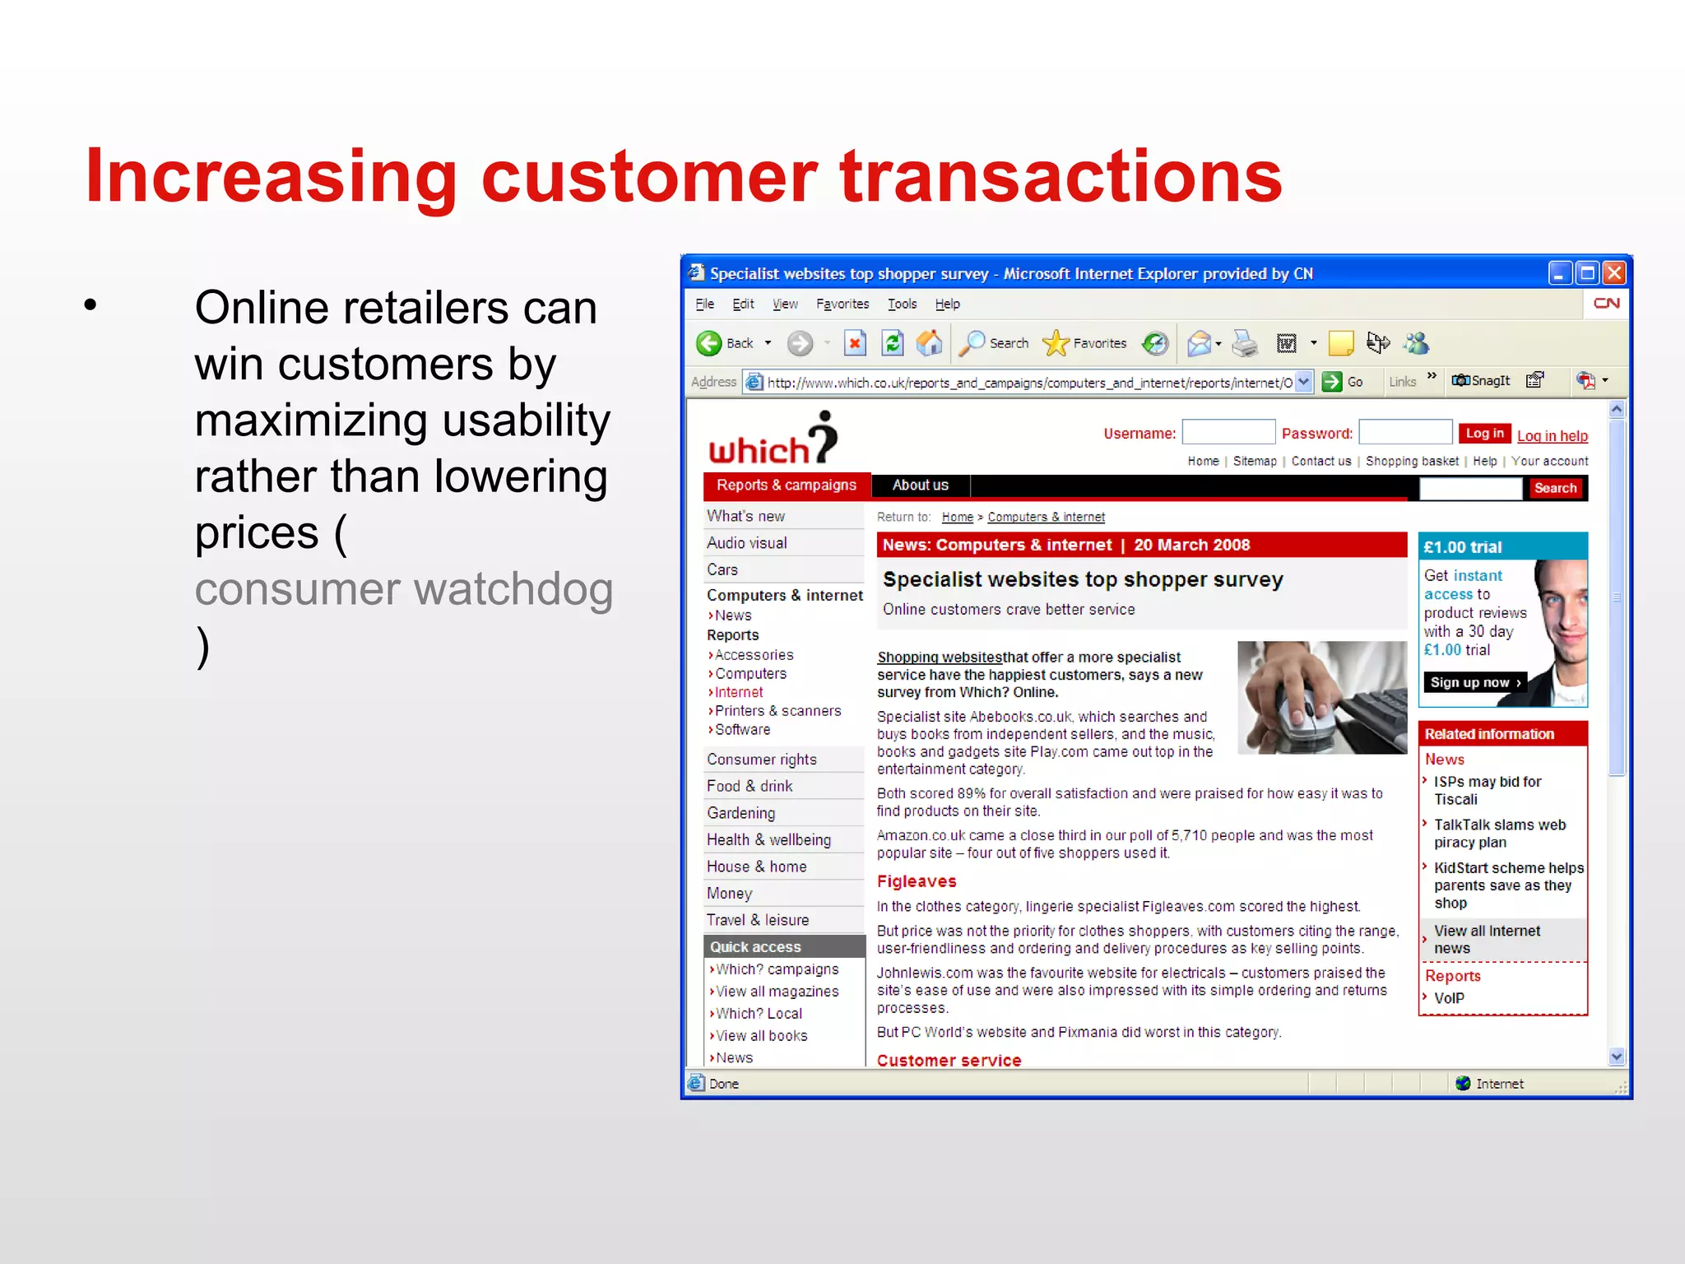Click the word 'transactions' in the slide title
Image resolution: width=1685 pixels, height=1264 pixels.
pos(1061,177)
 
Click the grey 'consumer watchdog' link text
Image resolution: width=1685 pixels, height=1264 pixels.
pos(403,589)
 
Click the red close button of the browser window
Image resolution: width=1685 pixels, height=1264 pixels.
pos(1614,273)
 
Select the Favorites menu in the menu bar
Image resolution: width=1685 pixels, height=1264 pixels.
pos(842,304)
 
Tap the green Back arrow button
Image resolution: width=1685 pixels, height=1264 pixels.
pos(709,343)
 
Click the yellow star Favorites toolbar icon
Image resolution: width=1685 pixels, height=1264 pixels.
pos(1056,343)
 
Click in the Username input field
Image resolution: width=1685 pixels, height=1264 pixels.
pos(1228,433)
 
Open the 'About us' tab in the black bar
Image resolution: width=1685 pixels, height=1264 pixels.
pos(920,486)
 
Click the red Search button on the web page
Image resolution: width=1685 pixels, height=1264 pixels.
pos(1554,488)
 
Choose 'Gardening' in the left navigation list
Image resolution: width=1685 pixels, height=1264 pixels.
pos(740,813)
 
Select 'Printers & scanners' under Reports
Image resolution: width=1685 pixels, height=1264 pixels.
pos(778,711)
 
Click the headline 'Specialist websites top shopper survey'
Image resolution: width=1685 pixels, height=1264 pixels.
pos(1082,580)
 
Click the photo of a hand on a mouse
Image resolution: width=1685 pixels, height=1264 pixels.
pos(1321,698)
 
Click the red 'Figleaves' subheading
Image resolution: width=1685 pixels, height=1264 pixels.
pos(916,881)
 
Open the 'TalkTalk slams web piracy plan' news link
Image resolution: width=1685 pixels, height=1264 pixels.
pos(1499,833)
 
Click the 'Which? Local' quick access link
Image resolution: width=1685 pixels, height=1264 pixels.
pos(759,1014)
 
